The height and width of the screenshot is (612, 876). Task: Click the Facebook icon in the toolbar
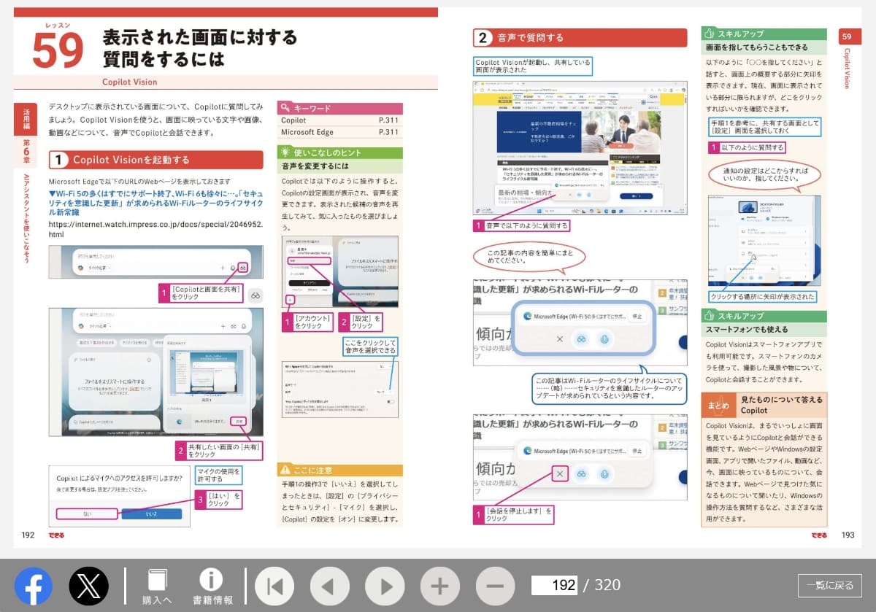[34, 586]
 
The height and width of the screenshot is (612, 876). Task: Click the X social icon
[88, 586]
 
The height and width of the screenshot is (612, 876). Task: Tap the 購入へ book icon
[157, 586]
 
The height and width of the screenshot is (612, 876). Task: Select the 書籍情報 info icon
[212, 586]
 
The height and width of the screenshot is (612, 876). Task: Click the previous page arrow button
[329, 586]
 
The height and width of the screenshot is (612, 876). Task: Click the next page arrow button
[385, 586]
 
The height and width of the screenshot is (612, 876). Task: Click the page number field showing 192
[554, 585]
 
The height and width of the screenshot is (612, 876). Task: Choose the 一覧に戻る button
[829, 585]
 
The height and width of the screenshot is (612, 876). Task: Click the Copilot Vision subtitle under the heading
[129, 82]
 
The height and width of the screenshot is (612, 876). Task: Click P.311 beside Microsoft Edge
[388, 132]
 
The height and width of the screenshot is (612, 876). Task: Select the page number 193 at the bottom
[847, 535]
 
